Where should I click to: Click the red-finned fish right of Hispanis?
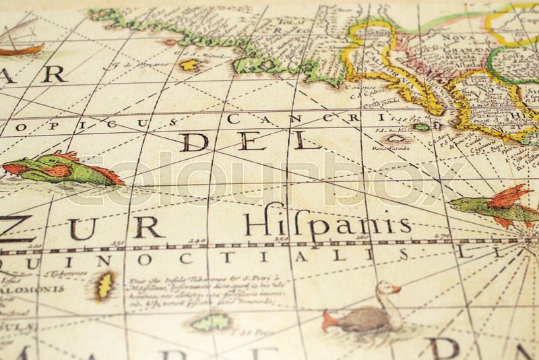(x=495, y=206)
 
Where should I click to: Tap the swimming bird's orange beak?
(x=395, y=289)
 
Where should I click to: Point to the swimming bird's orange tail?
(x=329, y=320)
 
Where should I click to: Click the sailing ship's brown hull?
(x=21, y=49)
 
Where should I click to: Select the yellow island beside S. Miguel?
(x=189, y=65)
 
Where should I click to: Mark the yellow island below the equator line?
(x=104, y=286)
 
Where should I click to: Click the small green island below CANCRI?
(x=422, y=127)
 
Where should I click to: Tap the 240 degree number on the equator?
(x=197, y=240)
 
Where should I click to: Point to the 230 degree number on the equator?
(x=119, y=243)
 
